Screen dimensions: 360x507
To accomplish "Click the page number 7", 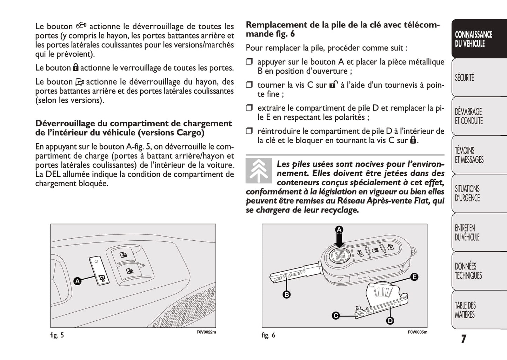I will pyautogui.click(x=463, y=339).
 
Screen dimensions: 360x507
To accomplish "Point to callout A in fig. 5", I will pyautogui.click(x=78, y=281).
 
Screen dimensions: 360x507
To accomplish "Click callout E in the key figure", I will pyautogui.click(x=414, y=277).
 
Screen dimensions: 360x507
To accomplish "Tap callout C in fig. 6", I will pyautogui.click(x=336, y=316).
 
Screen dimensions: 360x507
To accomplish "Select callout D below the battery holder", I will pyautogui.click(x=390, y=320).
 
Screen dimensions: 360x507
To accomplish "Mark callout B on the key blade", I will pyautogui.click(x=287, y=294).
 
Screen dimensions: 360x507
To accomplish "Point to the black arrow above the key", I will pyautogui.click(x=339, y=241).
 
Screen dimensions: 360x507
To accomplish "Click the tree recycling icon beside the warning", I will pyautogui.click(x=259, y=171).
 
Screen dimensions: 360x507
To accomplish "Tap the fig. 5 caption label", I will pyautogui.click(x=57, y=335).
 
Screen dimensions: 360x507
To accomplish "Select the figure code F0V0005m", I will pyautogui.click(x=417, y=332).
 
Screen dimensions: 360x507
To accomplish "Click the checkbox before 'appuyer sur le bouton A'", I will pyautogui.click(x=249, y=62).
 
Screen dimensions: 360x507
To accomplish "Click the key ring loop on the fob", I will pyautogui.click(x=414, y=252).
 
